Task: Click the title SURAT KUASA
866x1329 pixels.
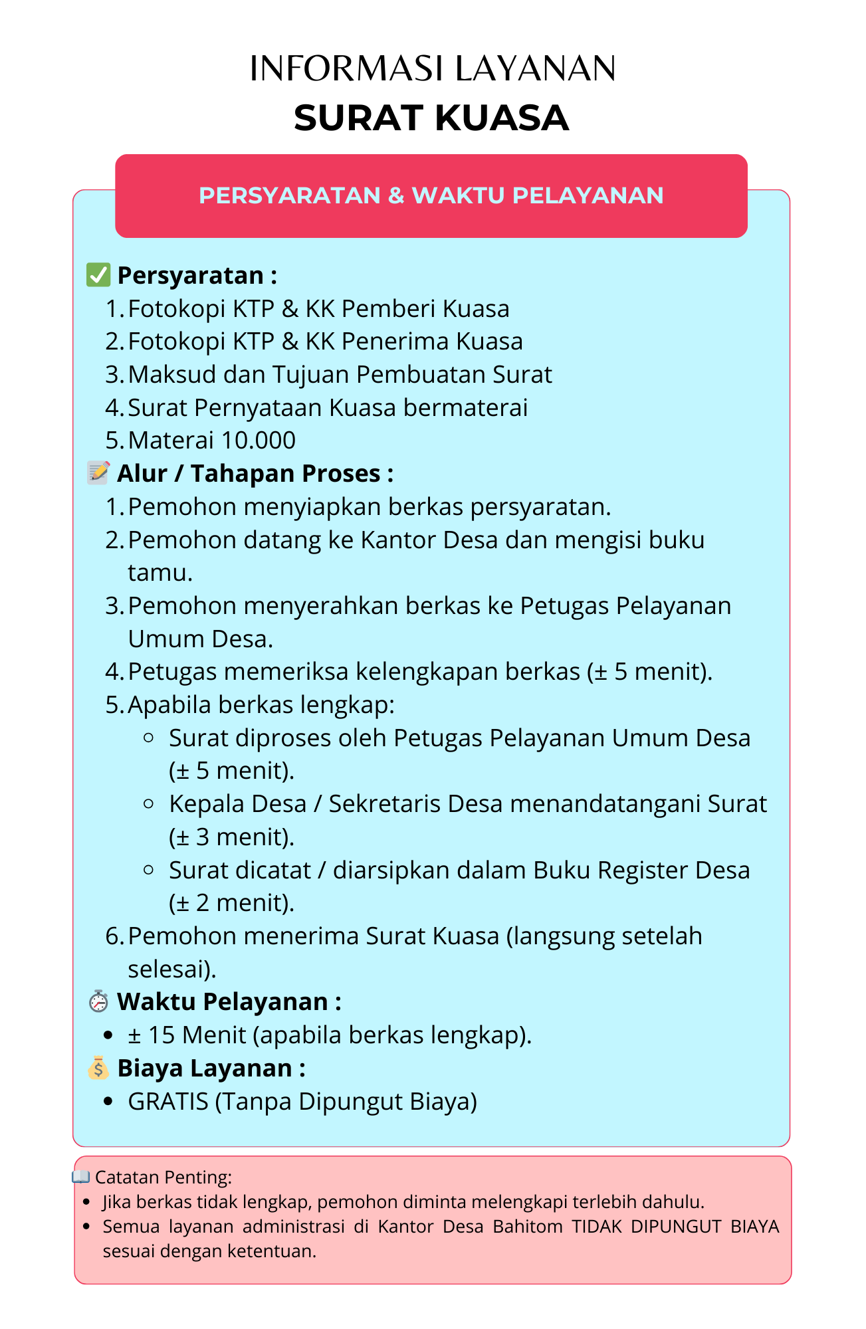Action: point(431,118)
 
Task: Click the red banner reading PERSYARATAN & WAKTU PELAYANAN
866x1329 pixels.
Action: point(431,195)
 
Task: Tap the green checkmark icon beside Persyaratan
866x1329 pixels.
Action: point(98,274)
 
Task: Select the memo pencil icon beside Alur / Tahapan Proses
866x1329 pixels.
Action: point(98,472)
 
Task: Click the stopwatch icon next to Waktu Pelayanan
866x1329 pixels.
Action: point(98,1001)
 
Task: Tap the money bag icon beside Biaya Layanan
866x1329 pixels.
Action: point(98,1067)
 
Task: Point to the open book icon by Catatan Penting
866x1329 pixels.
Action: point(81,1177)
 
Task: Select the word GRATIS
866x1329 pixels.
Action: point(168,1101)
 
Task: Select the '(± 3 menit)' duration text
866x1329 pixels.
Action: point(231,837)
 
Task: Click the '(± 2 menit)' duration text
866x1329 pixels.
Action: point(231,902)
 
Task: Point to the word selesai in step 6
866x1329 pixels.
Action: point(169,969)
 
